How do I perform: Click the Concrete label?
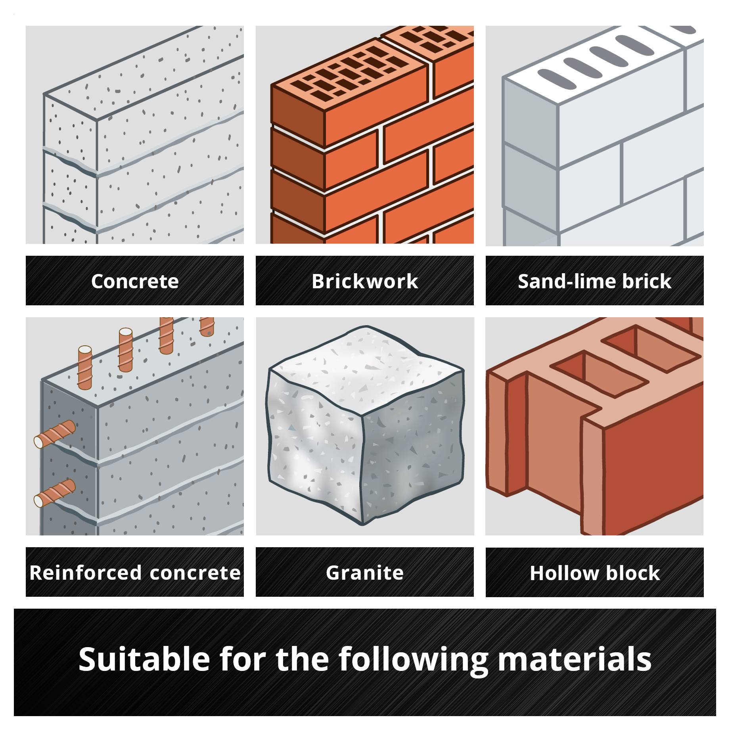tap(135, 281)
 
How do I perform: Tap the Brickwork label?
tap(364, 281)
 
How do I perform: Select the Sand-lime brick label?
tap(594, 281)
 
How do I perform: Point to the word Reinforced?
tap(85, 573)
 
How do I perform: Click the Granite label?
tap(364, 573)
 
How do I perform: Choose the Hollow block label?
tap(594, 573)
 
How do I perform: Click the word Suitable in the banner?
tap(144, 659)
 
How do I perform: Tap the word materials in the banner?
tap(575, 659)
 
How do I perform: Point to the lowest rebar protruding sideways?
tap(55, 493)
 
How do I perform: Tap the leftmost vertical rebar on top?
tap(84, 367)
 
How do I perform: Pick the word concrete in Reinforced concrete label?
tap(195, 573)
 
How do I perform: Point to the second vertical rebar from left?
tap(125, 349)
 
